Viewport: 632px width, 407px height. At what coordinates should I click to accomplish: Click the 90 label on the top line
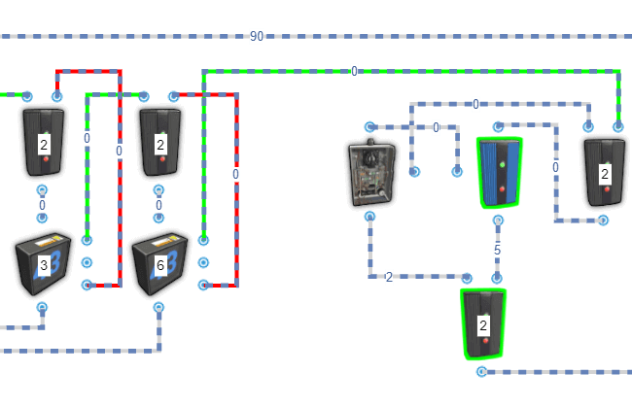pyautogui.click(x=257, y=36)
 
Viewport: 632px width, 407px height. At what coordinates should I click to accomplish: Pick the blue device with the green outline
pyautogui.click(x=500, y=172)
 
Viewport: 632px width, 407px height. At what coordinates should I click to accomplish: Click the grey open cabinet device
pyautogui.click(x=371, y=173)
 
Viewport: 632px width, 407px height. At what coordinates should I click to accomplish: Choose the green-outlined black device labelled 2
pyautogui.click(x=483, y=323)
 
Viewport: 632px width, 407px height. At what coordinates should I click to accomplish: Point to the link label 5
pyautogui.click(x=497, y=250)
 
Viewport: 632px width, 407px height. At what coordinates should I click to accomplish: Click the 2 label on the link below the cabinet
pyautogui.click(x=389, y=277)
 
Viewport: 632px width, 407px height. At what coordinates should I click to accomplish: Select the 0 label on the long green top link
pyautogui.click(x=354, y=71)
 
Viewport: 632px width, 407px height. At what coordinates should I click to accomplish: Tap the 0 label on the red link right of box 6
pyautogui.click(x=235, y=174)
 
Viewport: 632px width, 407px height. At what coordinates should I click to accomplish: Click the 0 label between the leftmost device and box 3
pyautogui.click(x=42, y=205)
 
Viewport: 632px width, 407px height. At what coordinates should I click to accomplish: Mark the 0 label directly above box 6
pyautogui.click(x=158, y=205)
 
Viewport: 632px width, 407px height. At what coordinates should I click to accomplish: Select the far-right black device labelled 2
pyautogui.click(x=605, y=172)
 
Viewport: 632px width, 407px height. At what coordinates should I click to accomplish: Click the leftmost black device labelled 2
pyautogui.click(x=43, y=143)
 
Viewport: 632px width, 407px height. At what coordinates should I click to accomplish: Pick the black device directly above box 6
pyautogui.click(x=159, y=143)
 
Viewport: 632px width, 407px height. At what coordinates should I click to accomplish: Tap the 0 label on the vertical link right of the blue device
pyautogui.click(x=555, y=167)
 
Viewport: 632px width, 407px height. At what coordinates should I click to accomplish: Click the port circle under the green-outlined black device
pyautogui.click(x=481, y=371)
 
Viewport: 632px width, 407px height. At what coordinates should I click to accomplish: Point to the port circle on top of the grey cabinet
pyautogui.click(x=369, y=126)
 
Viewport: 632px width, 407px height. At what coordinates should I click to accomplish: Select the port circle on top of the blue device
pyautogui.click(x=497, y=126)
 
